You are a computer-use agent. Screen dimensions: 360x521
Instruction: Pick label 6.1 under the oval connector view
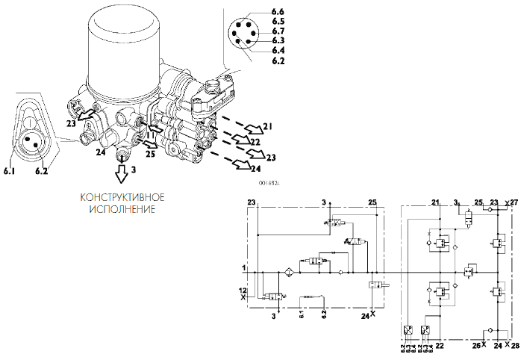tap(10, 171)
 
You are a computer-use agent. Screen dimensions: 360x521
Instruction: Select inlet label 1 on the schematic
tap(243, 267)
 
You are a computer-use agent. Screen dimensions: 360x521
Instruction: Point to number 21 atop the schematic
tap(436, 202)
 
